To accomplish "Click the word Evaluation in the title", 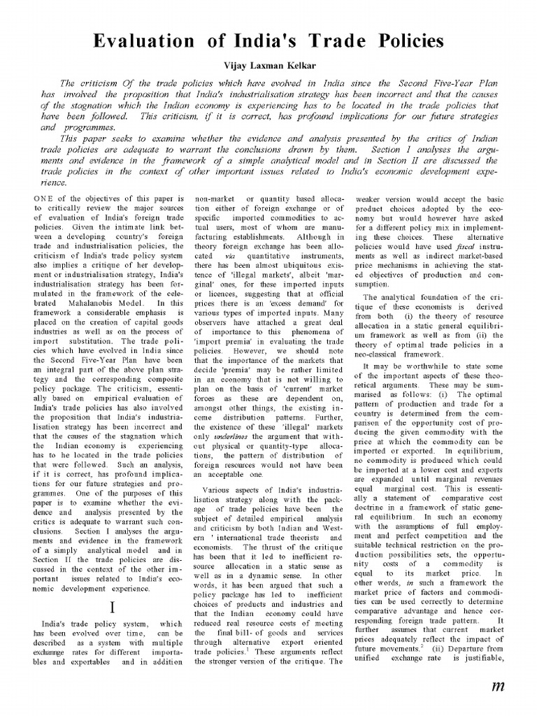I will coord(148,41).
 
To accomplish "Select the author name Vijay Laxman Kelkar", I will coord(268,64).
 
